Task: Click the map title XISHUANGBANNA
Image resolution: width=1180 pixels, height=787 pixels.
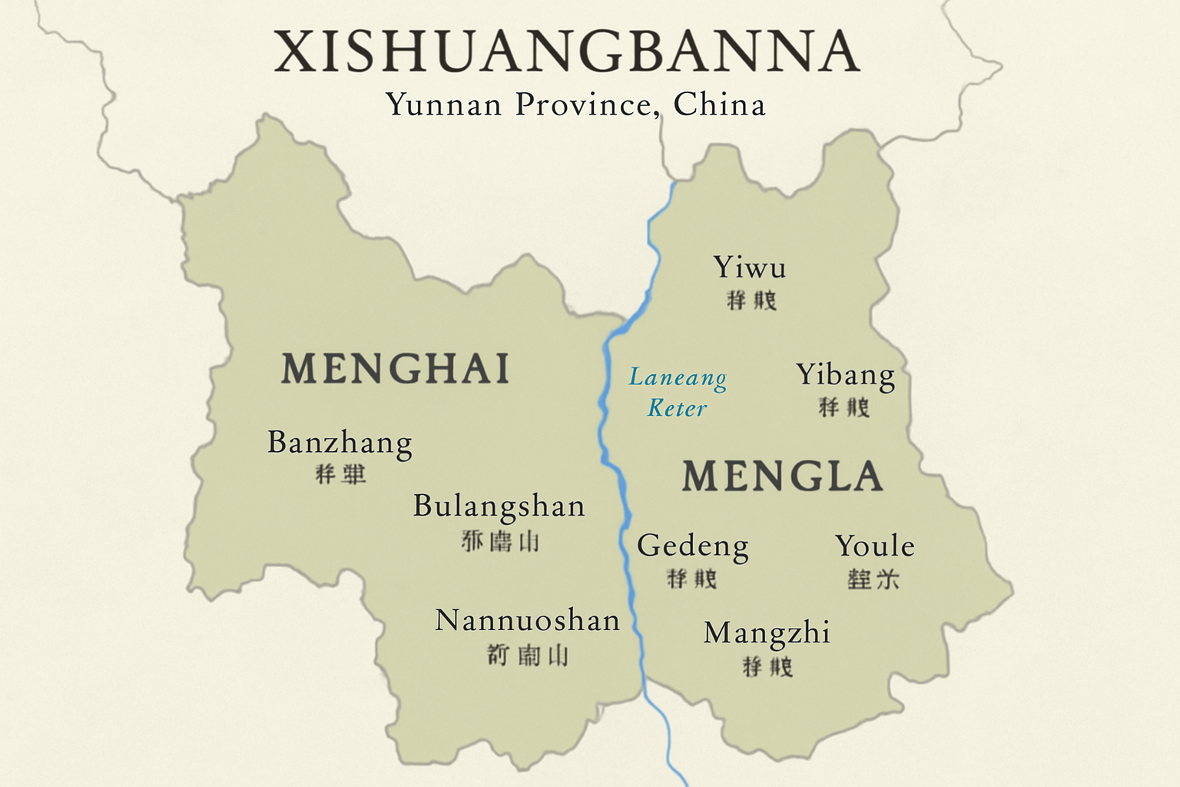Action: tap(567, 52)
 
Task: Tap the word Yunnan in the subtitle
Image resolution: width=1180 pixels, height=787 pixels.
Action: tap(443, 105)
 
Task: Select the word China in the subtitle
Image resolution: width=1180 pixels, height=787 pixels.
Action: tap(719, 105)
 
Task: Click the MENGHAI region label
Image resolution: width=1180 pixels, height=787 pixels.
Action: tap(396, 368)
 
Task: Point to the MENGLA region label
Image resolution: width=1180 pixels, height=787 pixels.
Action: tap(782, 477)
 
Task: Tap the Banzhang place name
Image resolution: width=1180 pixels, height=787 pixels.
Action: tap(340, 443)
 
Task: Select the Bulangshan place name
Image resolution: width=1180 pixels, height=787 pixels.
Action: tap(499, 506)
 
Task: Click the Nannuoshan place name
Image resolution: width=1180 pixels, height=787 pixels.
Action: tap(527, 620)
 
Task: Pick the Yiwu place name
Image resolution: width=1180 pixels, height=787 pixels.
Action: tap(750, 267)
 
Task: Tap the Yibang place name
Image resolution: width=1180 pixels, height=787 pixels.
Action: tap(845, 375)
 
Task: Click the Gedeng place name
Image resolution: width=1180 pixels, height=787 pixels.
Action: tap(692, 546)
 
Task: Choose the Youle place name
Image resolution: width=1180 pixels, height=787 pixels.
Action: tap(874, 546)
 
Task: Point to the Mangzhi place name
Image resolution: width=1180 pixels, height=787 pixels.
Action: tap(767, 633)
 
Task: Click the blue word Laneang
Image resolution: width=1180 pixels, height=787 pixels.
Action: tap(678, 377)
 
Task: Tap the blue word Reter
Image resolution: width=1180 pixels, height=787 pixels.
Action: tap(677, 408)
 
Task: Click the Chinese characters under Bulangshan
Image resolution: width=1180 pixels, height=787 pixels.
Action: tap(500, 541)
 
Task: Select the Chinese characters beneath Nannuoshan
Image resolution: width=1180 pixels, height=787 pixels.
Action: tap(528, 656)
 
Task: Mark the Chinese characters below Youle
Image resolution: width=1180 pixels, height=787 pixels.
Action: tap(873, 579)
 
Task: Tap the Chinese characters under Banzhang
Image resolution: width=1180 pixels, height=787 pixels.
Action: tap(340, 474)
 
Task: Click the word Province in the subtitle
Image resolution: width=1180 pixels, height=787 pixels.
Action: tap(587, 105)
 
